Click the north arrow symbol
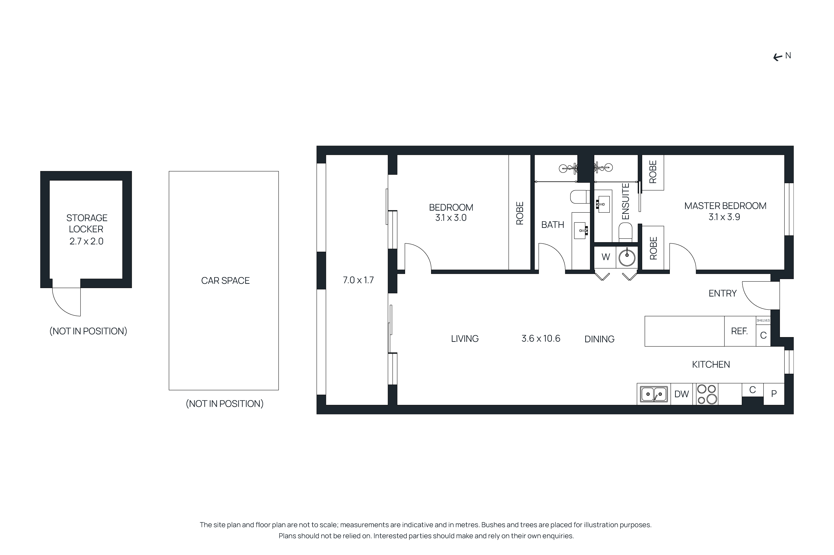[x=777, y=57]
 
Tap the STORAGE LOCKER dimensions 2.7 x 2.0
[x=86, y=241]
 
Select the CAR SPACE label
[x=225, y=281]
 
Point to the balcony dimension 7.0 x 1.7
[x=358, y=280]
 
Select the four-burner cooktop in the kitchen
[x=707, y=394]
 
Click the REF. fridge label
[x=739, y=331]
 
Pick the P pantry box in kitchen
[x=774, y=394]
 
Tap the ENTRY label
[x=722, y=293]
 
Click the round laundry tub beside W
[x=627, y=257]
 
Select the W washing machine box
[x=605, y=257]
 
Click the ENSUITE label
[x=625, y=201]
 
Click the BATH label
[x=553, y=225]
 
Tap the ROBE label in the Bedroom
[x=520, y=213]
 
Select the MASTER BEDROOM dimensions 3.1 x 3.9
[x=724, y=217]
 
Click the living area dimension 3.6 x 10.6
[x=540, y=339]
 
